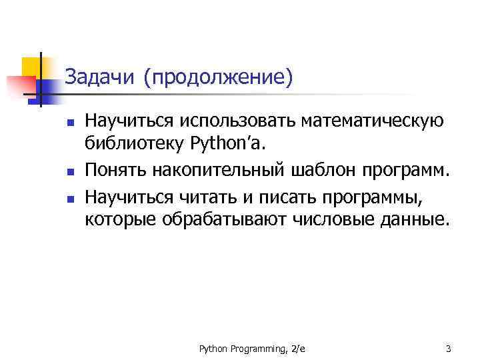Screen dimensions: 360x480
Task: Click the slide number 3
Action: pos(448,348)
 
